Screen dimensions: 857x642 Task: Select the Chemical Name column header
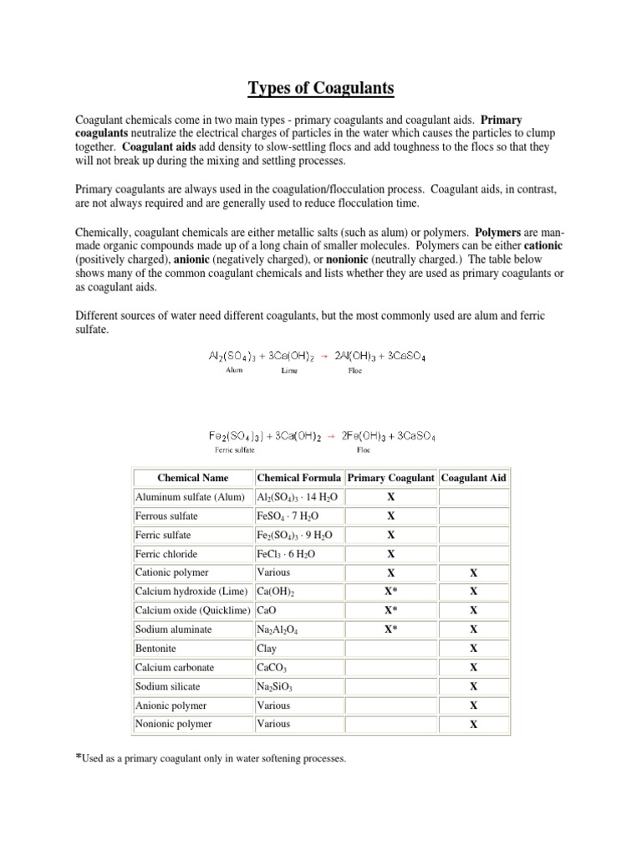194,478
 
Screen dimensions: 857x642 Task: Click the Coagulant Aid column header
473,478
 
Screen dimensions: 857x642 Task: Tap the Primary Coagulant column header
390,478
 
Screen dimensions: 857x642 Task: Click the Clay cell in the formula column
267,648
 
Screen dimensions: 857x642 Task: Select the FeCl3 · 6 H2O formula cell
286,554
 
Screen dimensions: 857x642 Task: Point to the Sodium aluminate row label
173,629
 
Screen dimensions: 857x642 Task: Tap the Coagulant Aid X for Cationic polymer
473,573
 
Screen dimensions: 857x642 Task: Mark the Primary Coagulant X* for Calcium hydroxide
390,591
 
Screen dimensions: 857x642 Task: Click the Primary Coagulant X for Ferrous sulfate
390,516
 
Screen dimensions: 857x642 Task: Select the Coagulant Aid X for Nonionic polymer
473,725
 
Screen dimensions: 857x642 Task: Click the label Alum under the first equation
235,370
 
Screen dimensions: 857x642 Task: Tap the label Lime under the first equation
288,370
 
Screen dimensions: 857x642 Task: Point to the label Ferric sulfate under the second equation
235,449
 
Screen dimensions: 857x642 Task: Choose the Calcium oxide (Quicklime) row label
193,610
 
